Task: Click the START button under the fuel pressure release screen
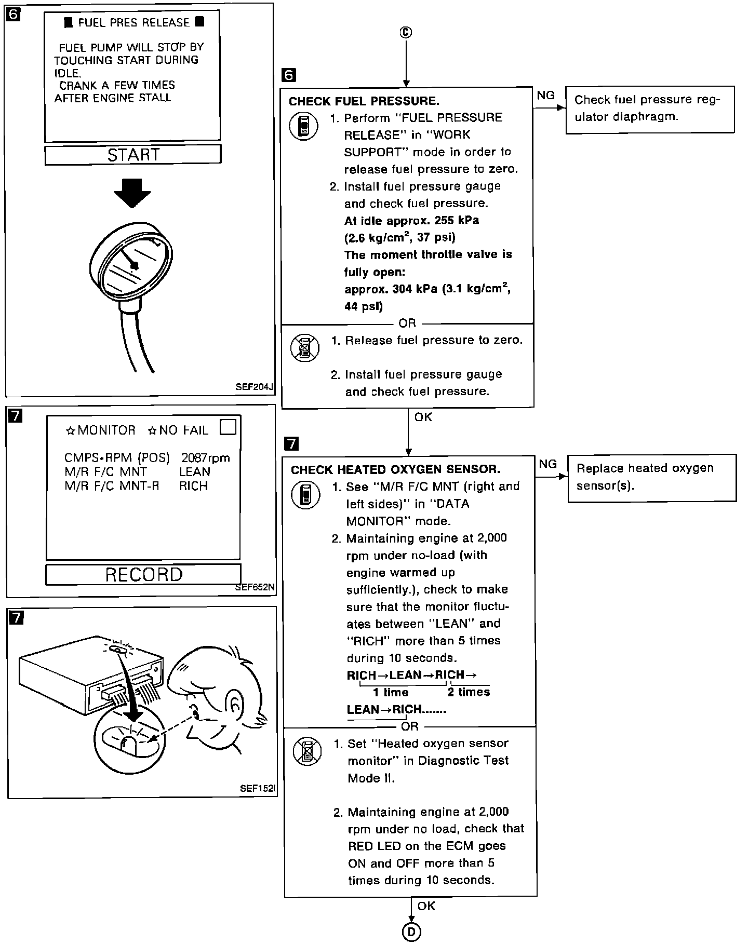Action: click(x=133, y=155)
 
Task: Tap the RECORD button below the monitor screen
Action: click(x=143, y=574)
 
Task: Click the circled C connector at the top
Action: click(x=406, y=33)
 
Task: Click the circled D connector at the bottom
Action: click(x=411, y=933)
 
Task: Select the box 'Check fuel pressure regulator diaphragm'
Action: click(x=649, y=110)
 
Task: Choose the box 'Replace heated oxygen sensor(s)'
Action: click(x=651, y=478)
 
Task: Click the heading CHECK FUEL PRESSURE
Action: click(x=364, y=101)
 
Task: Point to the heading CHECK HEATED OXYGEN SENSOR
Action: click(x=395, y=470)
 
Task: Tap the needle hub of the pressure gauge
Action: click(x=134, y=266)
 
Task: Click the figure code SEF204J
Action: click(x=253, y=387)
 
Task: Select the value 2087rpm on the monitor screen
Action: click(x=205, y=458)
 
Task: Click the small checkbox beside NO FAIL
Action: click(x=228, y=427)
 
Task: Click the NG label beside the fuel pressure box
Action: click(x=545, y=96)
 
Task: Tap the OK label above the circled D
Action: click(x=426, y=906)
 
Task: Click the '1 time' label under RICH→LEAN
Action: click(x=391, y=692)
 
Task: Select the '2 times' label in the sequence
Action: click(x=469, y=692)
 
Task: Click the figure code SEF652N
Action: click(x=255, y=588)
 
